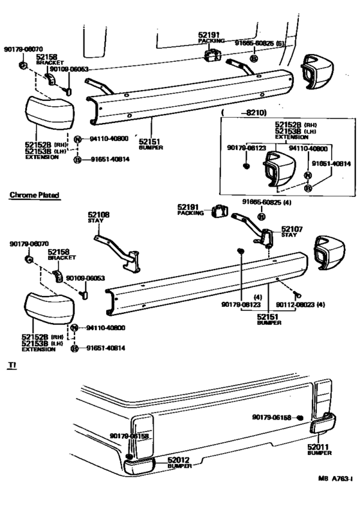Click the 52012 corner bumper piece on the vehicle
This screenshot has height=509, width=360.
click(x=140, y=464)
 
